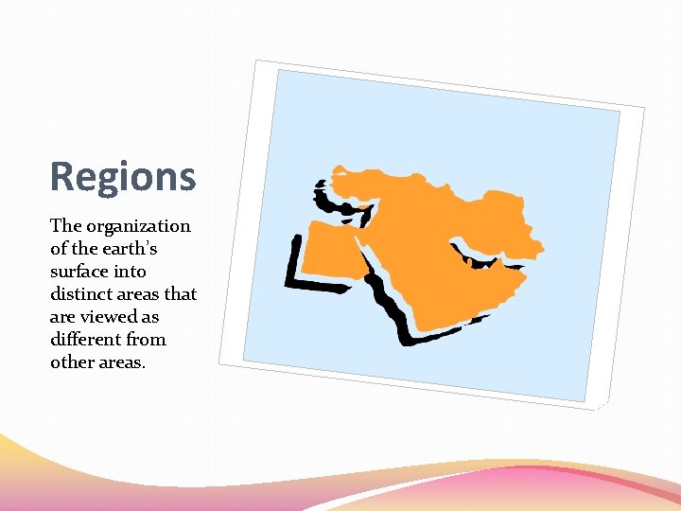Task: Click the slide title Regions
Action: click(123, 176)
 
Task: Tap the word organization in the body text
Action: click(138, 226)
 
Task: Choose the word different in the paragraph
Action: click(85, 340)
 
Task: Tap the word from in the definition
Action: click(146, 340)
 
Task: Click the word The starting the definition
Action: click(66, 226)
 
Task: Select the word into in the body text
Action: click(132, 272)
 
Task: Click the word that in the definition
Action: click(179, 294)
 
